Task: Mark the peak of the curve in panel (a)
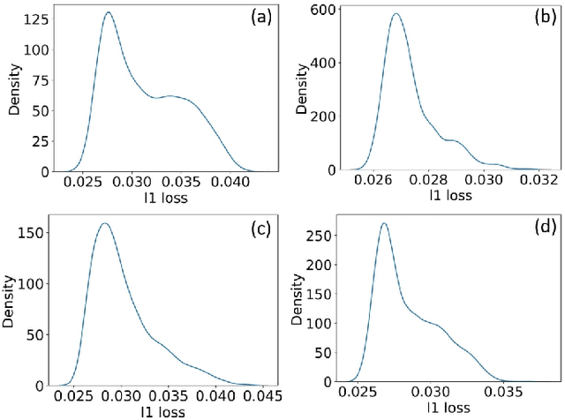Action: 108,13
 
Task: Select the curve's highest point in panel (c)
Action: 104,223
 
